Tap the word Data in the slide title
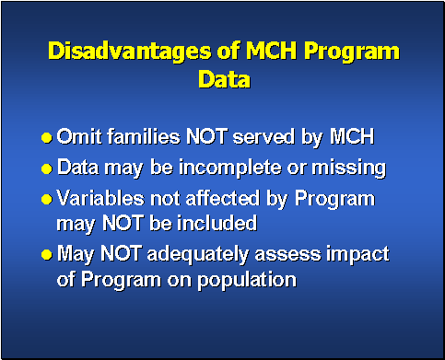tap(223, 79)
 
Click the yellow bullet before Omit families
tap(47, 139)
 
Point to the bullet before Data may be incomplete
tap(47, 169)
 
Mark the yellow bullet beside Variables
tap(47, 200)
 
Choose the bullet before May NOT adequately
tap(47, 254)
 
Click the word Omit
tap(76, 138)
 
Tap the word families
tap(138, 138)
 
